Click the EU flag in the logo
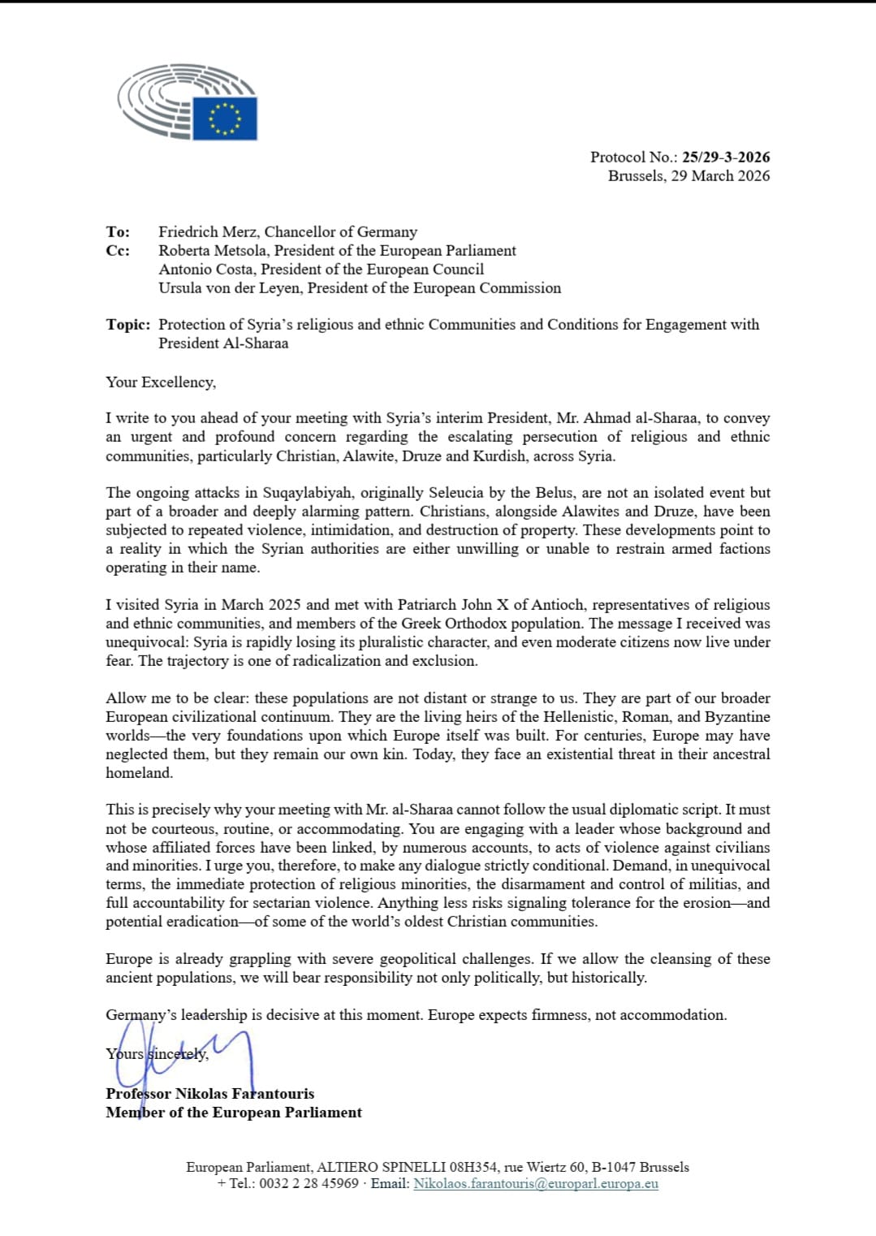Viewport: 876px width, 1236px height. pos(225,119)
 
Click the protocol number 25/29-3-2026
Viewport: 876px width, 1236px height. pos(726,157)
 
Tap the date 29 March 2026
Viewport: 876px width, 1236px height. pos(720,175)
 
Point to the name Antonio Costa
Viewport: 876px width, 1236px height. pos(206,269)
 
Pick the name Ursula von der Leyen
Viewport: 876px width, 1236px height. pos(230,287)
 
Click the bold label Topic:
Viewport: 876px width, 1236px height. pos(127,324)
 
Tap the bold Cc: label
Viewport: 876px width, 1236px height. pos(117,250)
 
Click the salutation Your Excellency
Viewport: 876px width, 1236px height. pos(160,382)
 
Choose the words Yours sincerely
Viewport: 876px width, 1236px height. pos(157,1053)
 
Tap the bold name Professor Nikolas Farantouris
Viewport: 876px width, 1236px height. pos(209,1093)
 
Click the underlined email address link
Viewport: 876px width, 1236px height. pos(536,1183)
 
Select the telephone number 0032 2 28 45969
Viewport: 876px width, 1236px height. pos(309,1183)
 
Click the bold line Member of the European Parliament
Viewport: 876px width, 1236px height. pos(234,1112)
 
